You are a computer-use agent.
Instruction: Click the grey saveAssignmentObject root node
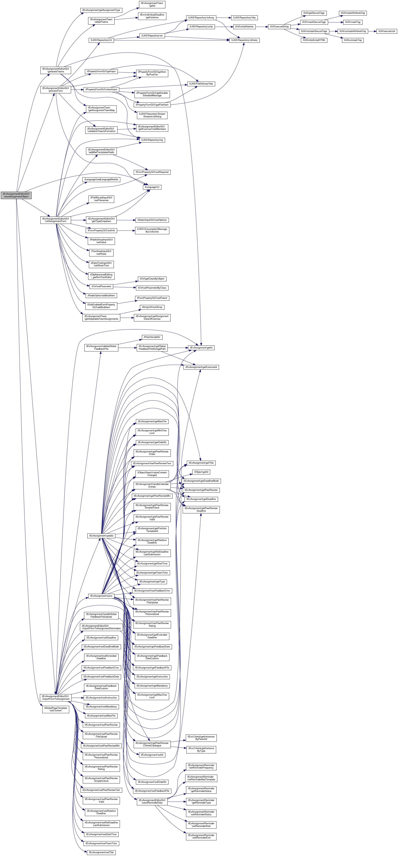coord(16,195)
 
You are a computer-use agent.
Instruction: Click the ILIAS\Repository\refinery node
coord(244,40)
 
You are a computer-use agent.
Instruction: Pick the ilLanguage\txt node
coord(152,187)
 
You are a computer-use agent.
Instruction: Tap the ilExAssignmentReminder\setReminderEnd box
coord(201,836)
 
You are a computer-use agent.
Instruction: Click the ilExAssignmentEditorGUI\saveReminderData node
coord(152,802)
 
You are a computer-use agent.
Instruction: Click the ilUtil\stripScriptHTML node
coord(314,40)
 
